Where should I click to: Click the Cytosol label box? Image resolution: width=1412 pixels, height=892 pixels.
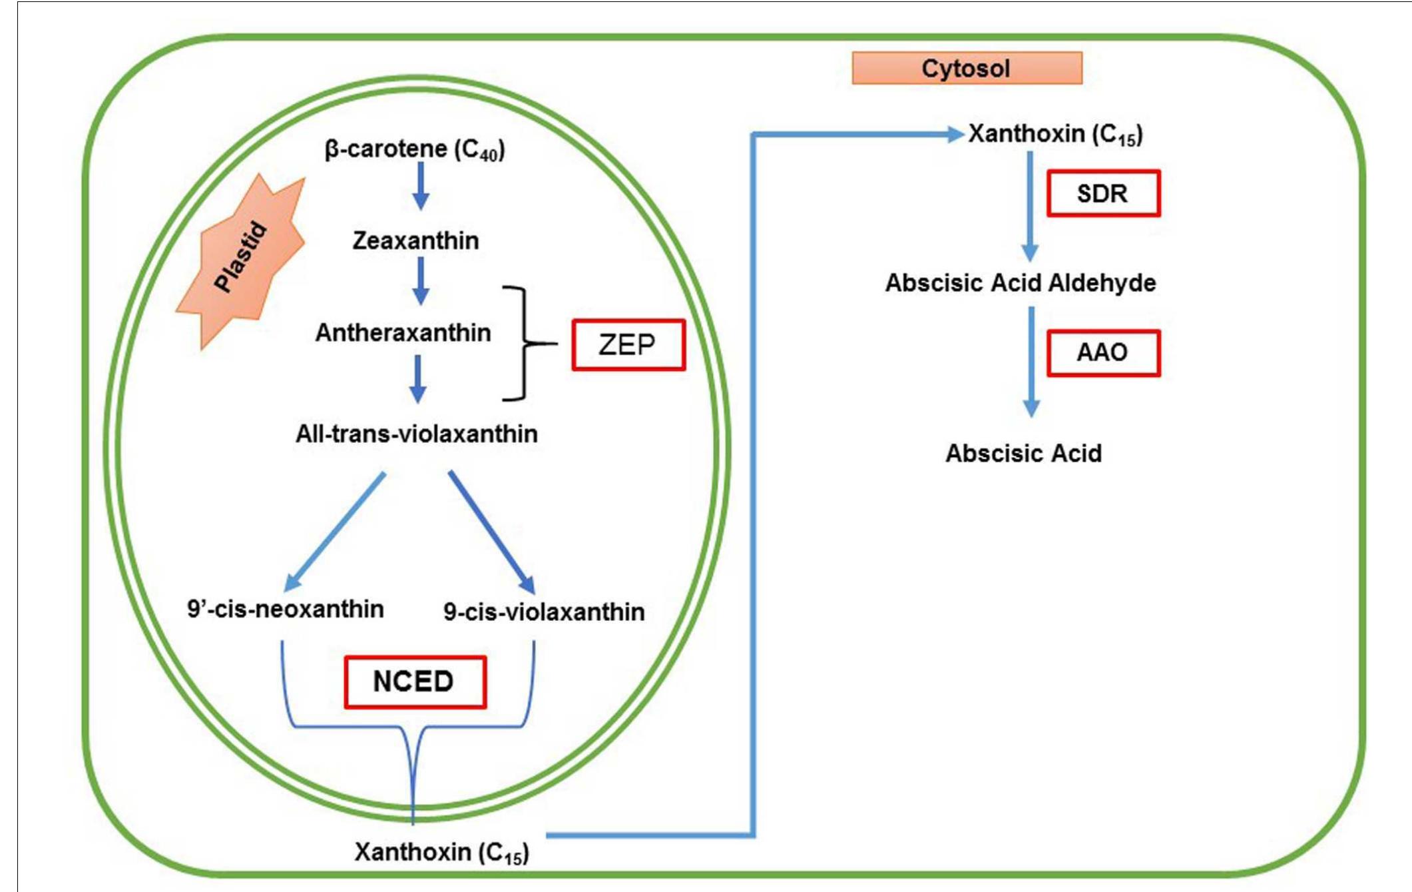967,68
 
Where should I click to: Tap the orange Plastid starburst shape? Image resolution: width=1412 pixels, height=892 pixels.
241,260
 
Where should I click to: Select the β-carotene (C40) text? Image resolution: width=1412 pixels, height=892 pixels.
414,149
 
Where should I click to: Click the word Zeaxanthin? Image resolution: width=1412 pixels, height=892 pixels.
415,240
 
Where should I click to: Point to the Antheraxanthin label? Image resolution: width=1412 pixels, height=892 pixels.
403,332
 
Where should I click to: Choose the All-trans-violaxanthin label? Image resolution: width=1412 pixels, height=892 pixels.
417,434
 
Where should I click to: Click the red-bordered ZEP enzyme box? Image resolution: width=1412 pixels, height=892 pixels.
628,344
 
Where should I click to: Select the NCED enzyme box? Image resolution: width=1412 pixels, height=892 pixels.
415,681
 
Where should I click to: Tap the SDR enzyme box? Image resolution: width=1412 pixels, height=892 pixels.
1103,193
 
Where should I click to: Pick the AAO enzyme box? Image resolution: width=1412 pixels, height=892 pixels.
1103,352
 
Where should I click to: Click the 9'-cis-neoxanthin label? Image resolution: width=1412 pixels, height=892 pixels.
285,609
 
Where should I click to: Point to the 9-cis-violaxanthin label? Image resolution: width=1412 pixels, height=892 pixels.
544,612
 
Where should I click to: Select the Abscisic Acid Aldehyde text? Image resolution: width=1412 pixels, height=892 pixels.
1020,283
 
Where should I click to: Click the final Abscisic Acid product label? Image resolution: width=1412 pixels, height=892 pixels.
1023,454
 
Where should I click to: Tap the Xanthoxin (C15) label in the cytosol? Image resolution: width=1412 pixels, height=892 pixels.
1055,135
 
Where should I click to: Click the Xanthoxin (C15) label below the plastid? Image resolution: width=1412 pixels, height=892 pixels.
441,852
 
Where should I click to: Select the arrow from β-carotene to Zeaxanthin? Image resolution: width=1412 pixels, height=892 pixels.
420,186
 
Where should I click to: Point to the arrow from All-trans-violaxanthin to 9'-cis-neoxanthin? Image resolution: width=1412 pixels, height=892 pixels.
335,531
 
